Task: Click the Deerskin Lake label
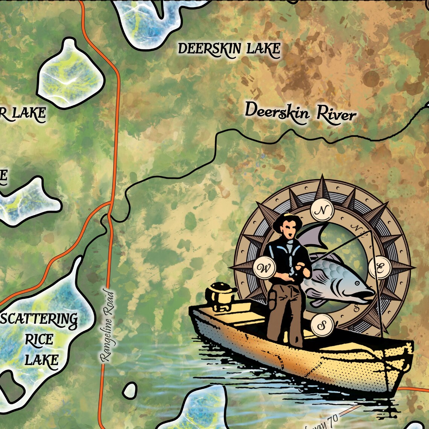(x=229, y=49)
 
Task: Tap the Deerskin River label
(x=300, y=112)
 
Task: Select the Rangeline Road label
(x=107, y=326)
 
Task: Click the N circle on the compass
(x=322, y=211)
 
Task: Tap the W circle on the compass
(x=264, y=269)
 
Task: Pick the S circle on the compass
(x=322, y=325)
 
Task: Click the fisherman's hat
(x=286, y=222)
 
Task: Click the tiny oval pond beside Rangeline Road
(x=130, y=390)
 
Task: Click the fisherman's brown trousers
(x=284, y=312)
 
